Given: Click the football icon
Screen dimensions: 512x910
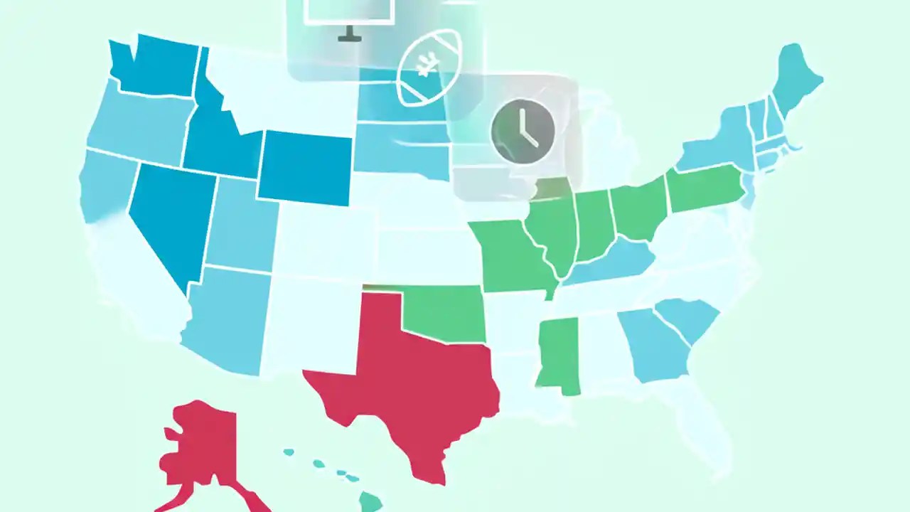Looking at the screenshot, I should click(x=428, y=67).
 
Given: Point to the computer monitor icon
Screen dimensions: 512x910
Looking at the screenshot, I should click(x=348, y=14).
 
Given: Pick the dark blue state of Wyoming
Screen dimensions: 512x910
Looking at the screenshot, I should click(x=305, y=167).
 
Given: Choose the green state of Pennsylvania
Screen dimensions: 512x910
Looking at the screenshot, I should click(x=704, y=188).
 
